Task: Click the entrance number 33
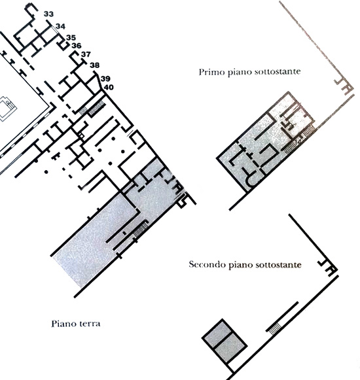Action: point(48,14)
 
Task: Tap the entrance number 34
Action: point(60,26)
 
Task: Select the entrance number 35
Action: point(71,37)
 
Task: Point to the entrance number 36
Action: point(77,46)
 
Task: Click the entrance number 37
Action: point(86,54)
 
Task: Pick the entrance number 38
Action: point(95,65)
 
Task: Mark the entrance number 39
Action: point(105,78)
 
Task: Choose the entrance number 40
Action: point(109,87)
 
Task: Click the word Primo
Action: point(211,72)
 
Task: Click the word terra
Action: point(90,324)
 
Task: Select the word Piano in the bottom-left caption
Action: point(63,324)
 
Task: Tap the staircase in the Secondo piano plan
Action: point(274,330)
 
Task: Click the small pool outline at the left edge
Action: point(7,108)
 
